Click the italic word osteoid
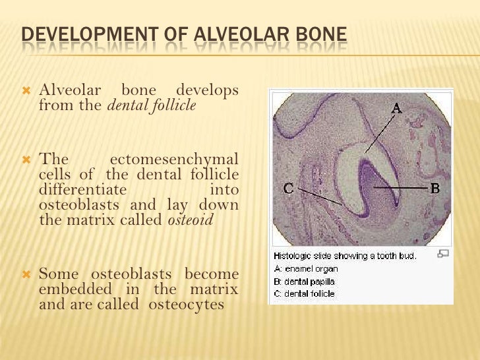190,221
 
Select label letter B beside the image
435,189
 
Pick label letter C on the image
288,189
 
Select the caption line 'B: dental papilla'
308,280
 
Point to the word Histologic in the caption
294,256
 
